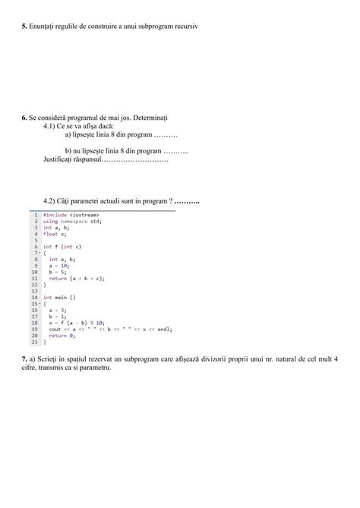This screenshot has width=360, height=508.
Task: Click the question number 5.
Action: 24,26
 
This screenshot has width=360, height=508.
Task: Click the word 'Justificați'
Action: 62,160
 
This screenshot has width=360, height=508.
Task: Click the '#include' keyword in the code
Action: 55,216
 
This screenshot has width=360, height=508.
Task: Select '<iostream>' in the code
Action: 84,216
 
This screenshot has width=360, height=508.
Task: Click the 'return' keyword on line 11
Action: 58,278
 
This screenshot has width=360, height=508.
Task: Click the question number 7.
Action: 24,358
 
